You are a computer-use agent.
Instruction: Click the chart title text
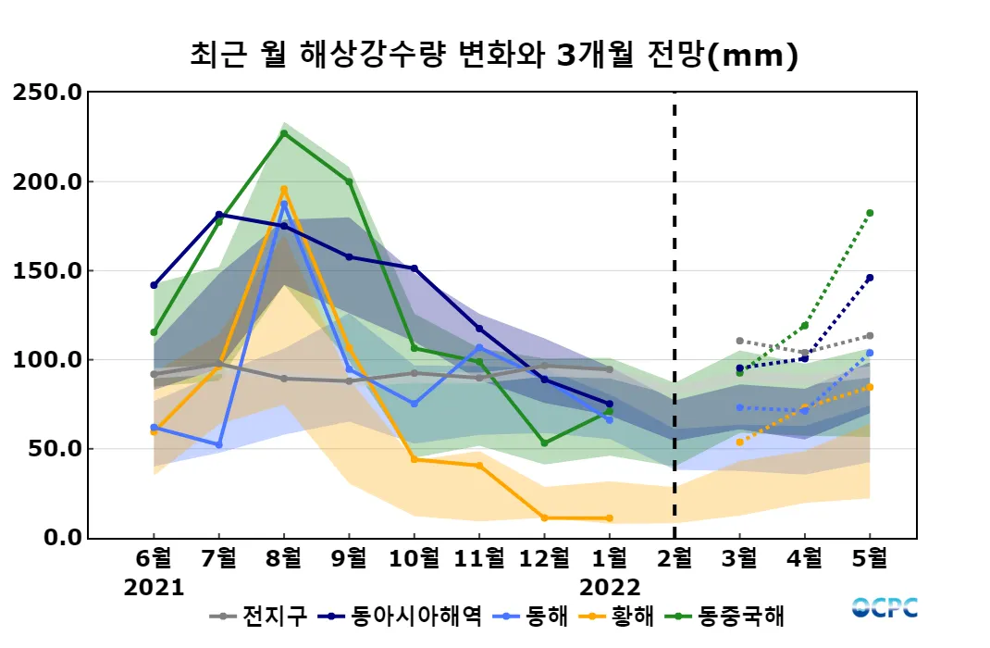tap(493, 56)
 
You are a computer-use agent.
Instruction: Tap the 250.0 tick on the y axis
tap(48, 93)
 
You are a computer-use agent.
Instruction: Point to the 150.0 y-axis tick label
tap(48, 271)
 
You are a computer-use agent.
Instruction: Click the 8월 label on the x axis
tap(284, 559)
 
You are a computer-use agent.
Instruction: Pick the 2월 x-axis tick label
tap(674, 559)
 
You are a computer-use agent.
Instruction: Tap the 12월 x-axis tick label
tap(544, 559)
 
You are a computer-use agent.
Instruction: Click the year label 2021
tap(154, 587)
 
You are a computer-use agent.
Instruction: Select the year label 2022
tap(610, 587)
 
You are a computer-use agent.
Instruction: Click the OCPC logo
tap(885, 608)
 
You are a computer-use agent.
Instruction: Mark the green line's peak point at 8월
tap(284, 133)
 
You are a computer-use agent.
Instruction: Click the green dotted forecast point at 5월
tap(870, 213)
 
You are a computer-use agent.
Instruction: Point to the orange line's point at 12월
tap(544, 517)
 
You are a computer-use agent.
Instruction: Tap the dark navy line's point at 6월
tap(154, 285)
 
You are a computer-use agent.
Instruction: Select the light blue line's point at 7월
tap(219, 445)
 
